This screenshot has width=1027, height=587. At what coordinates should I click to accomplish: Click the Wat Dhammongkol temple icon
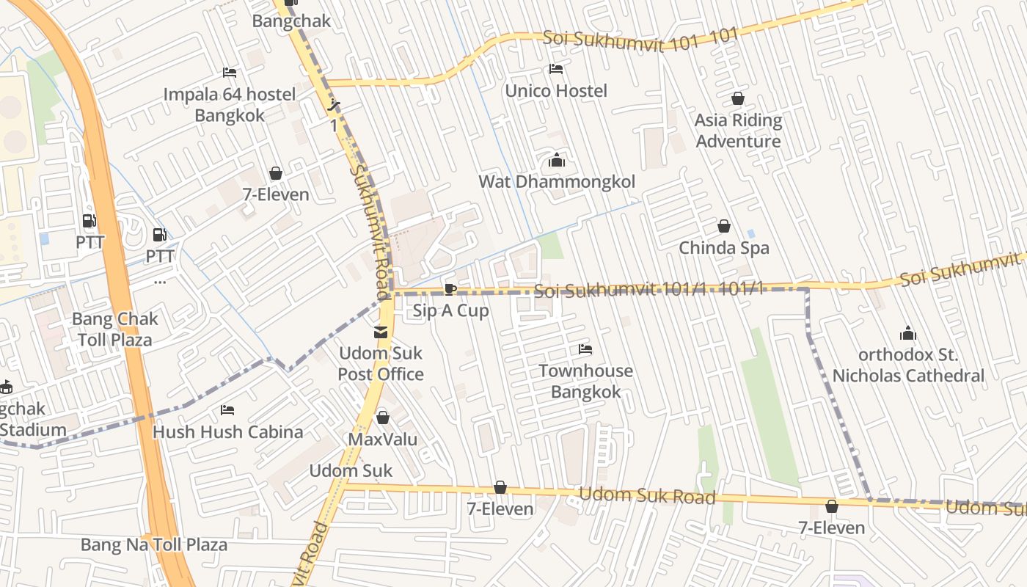[x=557, y=161]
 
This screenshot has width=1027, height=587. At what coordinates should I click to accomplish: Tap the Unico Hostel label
[x=556, y=91]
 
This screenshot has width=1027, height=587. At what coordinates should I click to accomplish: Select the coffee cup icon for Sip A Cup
[x=450, y=289]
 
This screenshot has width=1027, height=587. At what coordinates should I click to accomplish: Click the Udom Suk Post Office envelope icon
[x=381, y=332]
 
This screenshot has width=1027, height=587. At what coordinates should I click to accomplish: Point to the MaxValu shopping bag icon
[x=382, y=418]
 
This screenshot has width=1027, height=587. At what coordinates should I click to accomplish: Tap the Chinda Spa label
[x=723, y=248]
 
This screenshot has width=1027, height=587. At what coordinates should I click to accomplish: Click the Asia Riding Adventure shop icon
[x=737, y=98]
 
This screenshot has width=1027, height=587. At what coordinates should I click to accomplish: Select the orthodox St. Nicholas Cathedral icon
[x=908, y=334]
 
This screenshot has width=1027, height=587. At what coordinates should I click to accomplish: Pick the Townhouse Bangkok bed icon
[x=585, y=349]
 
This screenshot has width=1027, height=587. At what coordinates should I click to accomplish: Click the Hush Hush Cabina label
[x=227, y=431]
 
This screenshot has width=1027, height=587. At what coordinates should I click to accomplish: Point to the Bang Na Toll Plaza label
[x=154, y=544]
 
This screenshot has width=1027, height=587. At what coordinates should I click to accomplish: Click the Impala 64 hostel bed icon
[x=229, y=73]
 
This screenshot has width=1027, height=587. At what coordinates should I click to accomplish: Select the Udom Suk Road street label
[x=647, y=496]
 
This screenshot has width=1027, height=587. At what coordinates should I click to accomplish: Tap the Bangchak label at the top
[x=291, y=21]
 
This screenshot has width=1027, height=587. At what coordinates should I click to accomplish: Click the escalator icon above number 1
[x=335, y=105]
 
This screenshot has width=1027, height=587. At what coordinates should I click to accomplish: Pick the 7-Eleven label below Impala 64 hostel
[x=276, y=195]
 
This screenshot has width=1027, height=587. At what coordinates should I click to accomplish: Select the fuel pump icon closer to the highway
[x=89, y=220]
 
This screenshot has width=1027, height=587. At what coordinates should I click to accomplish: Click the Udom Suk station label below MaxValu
[x=351, y=470]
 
